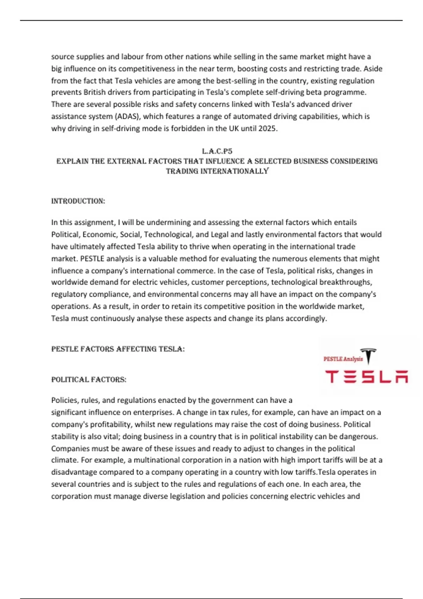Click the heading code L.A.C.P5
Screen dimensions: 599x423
point(217,151)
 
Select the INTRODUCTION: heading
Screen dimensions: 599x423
point(78,201)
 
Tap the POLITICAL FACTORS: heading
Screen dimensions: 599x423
point(89,379)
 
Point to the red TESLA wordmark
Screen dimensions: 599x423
point(367,377)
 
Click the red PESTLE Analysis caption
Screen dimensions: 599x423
point(343,359)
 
